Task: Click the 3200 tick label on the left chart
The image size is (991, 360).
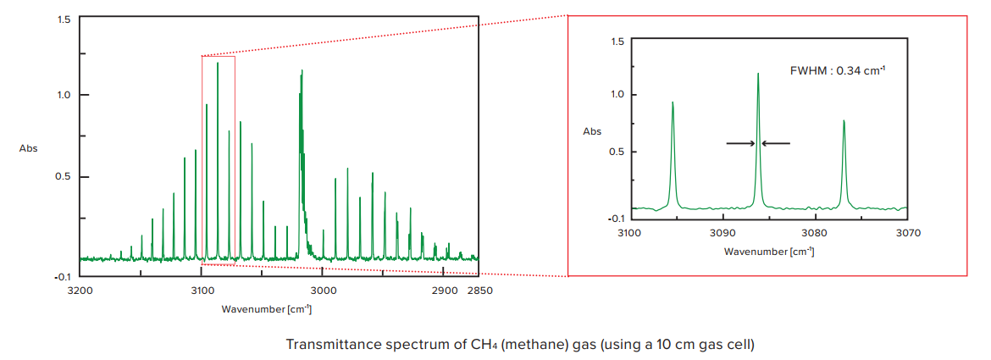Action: pos(80,291)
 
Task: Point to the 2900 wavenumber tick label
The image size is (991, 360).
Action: pos(443,291)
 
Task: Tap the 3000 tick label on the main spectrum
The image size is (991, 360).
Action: pos(323,291)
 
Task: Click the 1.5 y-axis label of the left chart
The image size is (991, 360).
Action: pos(64,19)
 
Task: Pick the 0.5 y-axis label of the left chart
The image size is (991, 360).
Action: pos(64,177)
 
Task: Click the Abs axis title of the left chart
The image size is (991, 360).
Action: pos(29,148)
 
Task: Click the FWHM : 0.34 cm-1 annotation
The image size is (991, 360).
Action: pos(838,71)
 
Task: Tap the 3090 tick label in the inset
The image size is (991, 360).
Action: pos(722,232)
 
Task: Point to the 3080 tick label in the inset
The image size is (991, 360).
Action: pos(814,232)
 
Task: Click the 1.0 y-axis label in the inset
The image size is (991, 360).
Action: pos(617,95)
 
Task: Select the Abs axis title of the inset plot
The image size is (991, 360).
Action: pos(592,131)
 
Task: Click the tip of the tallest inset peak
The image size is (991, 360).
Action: pos(758,74)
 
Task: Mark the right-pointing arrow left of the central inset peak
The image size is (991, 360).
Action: pos(740,143)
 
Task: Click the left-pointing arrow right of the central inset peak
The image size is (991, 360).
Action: pos(776,143)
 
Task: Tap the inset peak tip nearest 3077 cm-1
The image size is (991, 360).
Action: pos(844,121)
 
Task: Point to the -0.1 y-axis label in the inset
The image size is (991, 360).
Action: pos(616,218)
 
